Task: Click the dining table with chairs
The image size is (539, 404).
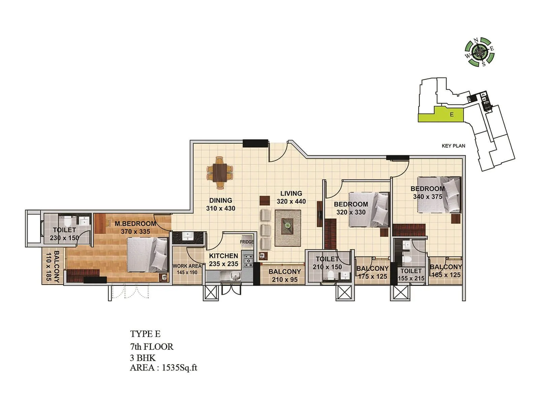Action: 220,172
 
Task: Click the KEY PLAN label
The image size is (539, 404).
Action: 453,146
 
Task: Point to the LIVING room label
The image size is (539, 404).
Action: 291,194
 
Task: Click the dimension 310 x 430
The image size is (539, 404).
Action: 221,208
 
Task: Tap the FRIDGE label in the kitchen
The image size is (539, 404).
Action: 247,242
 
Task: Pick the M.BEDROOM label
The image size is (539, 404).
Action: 135,224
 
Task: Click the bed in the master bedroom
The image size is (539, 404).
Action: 147,255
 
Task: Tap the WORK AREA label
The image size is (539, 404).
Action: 187,266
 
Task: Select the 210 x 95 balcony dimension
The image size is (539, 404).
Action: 285,279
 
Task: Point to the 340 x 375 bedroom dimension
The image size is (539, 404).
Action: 427,197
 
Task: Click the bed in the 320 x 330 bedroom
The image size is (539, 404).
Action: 369,209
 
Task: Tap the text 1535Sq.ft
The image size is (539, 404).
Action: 179,368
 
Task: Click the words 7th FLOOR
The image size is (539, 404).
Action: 152,347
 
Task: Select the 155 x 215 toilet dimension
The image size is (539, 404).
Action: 411,278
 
